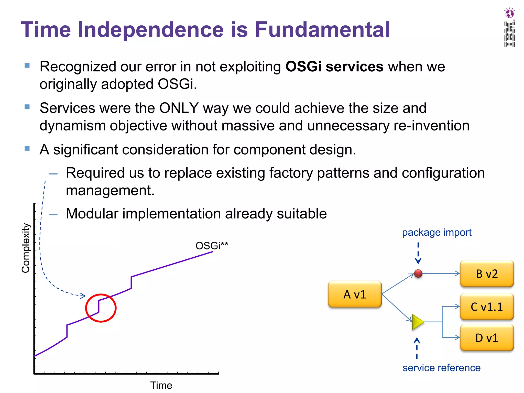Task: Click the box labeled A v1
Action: coord(355,294)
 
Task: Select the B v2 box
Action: coord(487,274)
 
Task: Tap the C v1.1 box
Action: coord(487,307)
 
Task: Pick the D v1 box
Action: coord(487,338)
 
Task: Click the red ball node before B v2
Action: coord(418,274)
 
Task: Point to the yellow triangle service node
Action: coord(417,322)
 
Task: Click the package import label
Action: coord(436,232)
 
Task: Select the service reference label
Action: coord(441,368)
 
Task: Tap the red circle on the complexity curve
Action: coord(101,308)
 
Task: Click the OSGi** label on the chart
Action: coord(212,246)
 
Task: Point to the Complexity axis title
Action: coord(26,248)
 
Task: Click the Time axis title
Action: coord(161,385)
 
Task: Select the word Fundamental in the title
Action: coord(322,30)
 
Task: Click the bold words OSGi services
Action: coord(334,67)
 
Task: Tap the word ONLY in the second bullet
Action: coord(179,108)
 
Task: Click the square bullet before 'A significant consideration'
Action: coord(27,148)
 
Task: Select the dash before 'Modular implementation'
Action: coord(53,214)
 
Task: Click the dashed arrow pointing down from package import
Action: coord(418,253)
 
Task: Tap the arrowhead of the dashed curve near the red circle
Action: coord(83,296)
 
